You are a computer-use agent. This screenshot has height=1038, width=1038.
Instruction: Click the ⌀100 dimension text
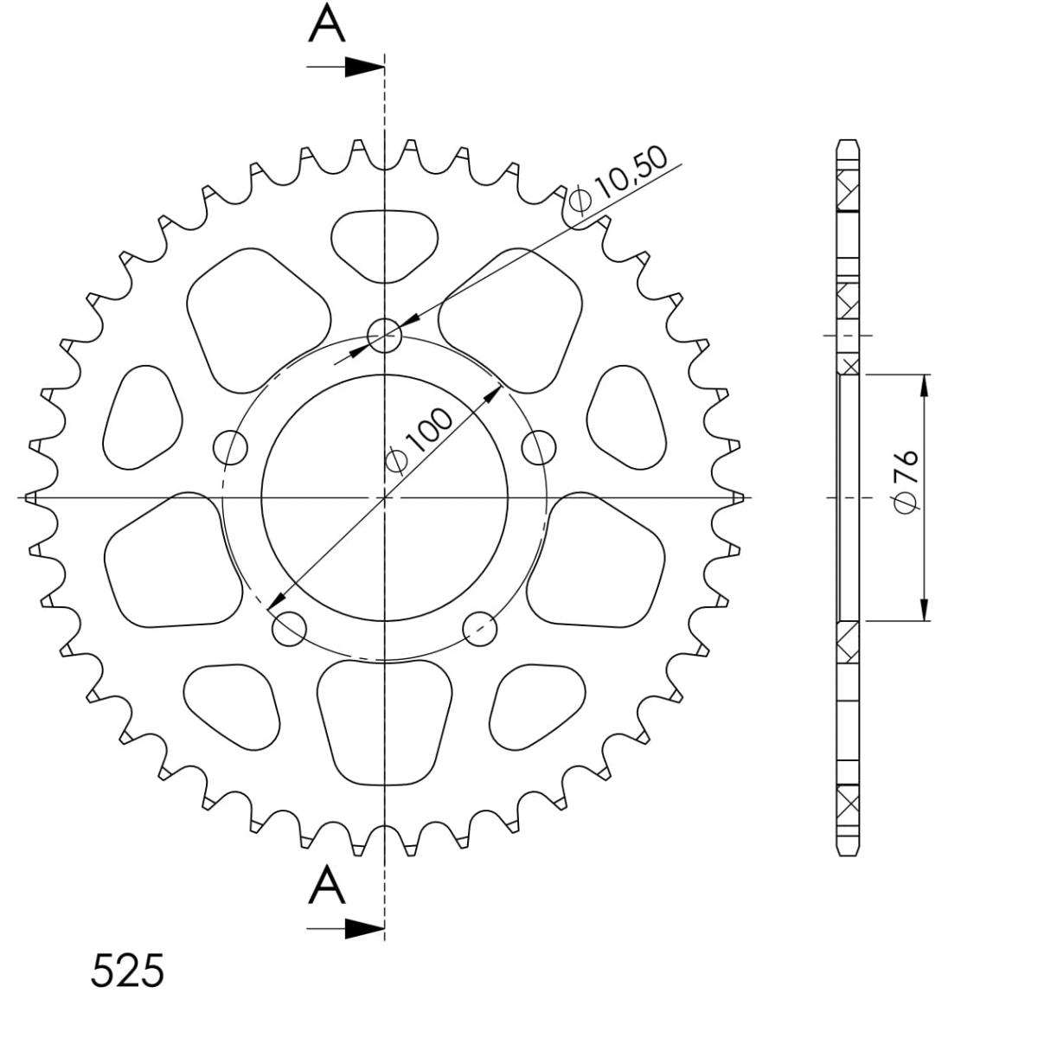click(x=420, y=442)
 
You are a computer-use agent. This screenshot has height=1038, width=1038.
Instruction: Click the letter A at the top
click(x=326, y=23)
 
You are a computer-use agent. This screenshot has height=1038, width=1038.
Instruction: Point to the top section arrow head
click(x=364, y=67)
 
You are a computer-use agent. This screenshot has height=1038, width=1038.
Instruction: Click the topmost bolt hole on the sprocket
click(x=384, y=336)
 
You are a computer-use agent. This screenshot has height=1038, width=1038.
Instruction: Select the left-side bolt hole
click(x=231, y=447)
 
